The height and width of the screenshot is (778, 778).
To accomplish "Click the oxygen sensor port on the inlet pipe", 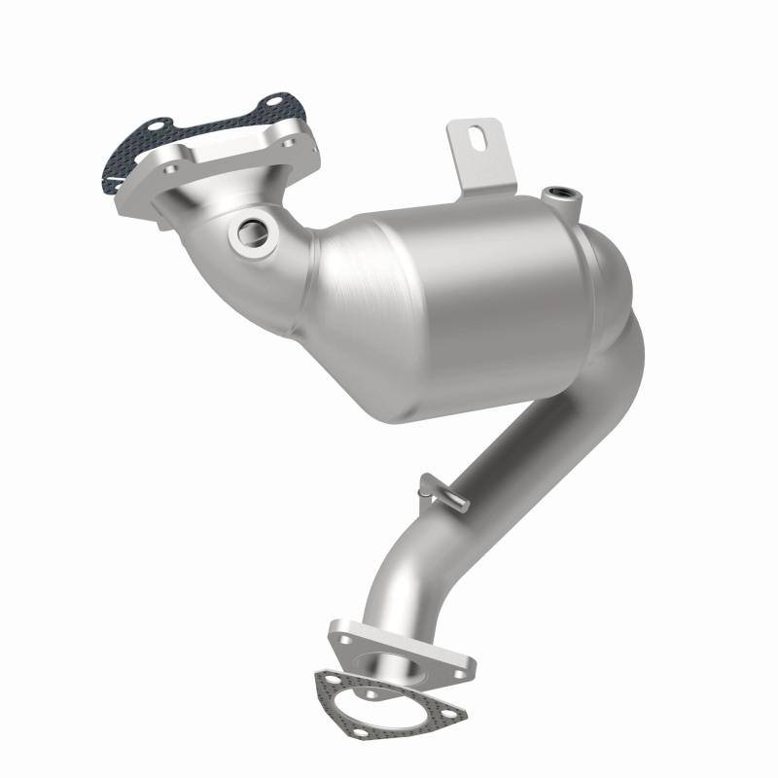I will click(x=255, y=231).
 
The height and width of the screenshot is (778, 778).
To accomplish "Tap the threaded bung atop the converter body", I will click(x=563, y=194).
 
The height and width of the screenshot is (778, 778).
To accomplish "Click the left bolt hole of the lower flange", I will click(x=342, y=640).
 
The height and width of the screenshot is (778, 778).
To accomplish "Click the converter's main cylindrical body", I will click(x=457, y=292).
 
